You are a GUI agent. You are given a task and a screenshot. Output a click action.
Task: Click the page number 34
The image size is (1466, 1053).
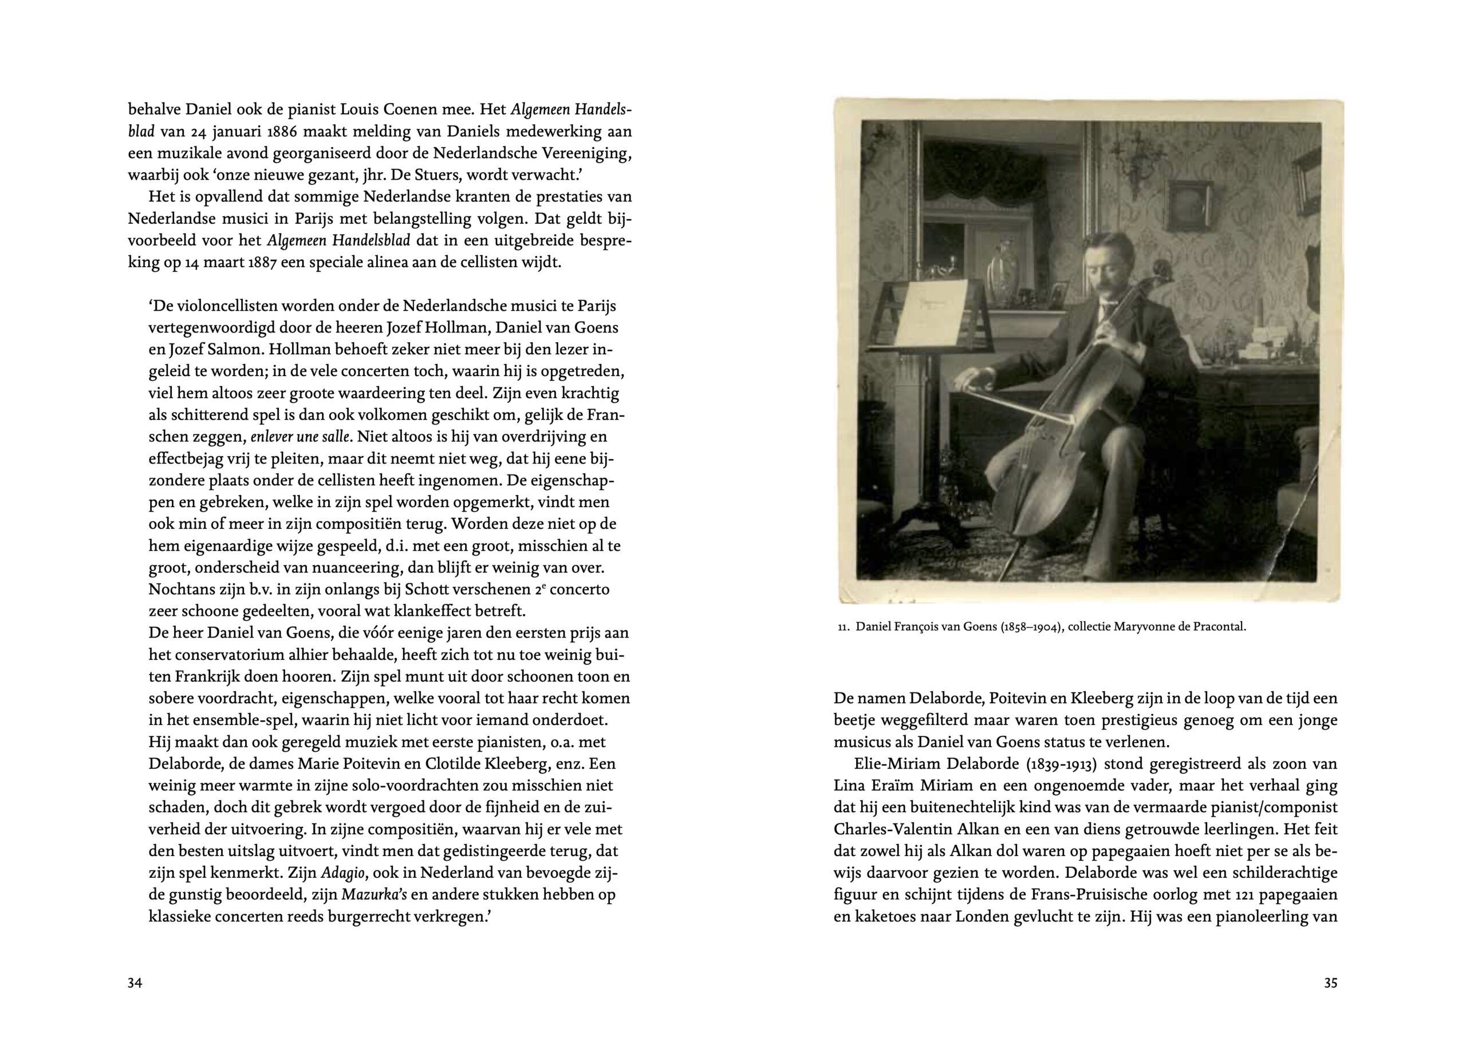pos(135,983)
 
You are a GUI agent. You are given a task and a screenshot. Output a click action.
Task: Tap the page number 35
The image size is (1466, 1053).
pos(1330,983)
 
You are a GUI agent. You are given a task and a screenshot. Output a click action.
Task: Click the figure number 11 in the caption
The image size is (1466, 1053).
pos(843,627)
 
